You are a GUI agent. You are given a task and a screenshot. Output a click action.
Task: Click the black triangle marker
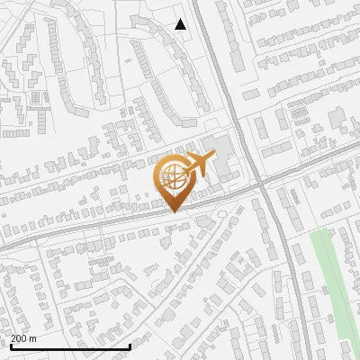coord(181,24)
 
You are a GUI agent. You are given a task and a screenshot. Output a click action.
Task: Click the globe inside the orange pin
coord(172,178)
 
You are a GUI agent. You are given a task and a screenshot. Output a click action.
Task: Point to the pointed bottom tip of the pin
coord(173,211)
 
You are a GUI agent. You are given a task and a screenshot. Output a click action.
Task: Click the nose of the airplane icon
coord(213,158)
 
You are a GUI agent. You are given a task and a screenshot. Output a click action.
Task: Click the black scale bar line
coord(70,346)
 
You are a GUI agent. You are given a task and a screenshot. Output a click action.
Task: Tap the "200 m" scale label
coord(23,338)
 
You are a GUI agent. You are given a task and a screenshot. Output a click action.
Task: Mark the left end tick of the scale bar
coord(11,345)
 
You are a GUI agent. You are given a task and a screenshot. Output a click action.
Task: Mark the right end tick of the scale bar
coord(130,345)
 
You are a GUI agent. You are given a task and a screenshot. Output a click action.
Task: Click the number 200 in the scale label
coord(19,338)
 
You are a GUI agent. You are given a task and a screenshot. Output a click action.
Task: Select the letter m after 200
coord(33,339)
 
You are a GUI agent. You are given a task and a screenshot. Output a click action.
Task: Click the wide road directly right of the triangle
coord(209,27)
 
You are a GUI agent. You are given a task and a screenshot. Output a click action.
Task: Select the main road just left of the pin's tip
coord(135,216)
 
